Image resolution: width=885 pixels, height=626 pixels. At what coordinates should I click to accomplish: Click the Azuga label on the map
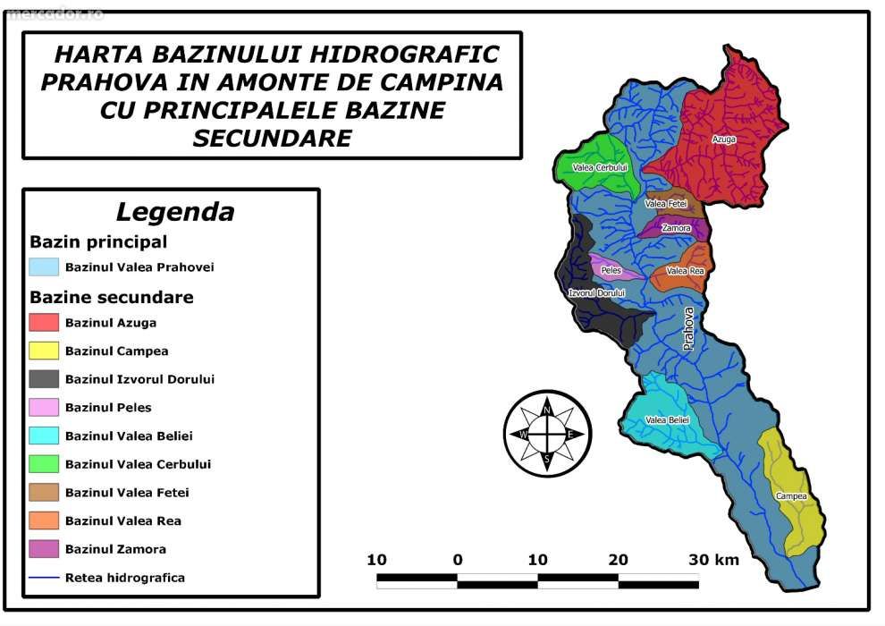[723, 140]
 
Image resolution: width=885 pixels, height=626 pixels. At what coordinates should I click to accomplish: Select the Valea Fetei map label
[665, 204]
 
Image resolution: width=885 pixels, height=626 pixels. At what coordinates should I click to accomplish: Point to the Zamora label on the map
[676, 228]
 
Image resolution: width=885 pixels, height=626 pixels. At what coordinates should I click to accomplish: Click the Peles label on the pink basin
[611, 269]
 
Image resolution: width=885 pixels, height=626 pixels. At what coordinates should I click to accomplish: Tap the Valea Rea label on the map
[685, 271]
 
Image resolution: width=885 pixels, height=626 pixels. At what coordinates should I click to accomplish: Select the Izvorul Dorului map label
[597, 293]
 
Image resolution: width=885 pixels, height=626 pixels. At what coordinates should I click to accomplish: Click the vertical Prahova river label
[687, 327]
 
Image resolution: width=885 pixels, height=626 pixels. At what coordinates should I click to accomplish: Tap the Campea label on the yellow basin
[791, 496]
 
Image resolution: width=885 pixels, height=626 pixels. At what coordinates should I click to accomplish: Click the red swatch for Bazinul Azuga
[44, 323]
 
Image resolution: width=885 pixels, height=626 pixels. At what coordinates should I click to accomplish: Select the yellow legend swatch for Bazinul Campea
[44, 351]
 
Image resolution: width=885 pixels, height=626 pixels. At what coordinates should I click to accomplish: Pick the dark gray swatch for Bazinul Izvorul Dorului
[44, 379]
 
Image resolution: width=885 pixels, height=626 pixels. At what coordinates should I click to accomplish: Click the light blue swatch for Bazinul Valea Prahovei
[44, 267]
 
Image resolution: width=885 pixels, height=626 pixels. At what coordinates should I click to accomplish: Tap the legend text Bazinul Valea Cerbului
[138, 464]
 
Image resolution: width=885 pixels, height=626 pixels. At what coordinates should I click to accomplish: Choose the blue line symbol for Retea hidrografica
[44, 578]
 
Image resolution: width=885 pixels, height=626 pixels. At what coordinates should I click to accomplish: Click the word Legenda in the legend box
[175, 213]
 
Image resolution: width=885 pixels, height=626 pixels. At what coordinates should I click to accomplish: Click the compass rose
[546, 434]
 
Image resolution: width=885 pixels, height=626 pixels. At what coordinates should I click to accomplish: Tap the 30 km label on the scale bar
[713, 560]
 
